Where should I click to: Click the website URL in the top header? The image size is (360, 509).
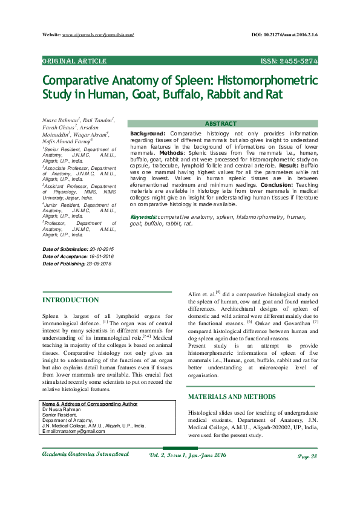tap(98, 36)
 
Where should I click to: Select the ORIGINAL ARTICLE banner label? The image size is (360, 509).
tap(74, 62)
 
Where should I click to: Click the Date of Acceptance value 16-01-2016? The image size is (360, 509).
tap(98, 257)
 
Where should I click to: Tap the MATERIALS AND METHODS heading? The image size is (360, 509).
tap(232, 397)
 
